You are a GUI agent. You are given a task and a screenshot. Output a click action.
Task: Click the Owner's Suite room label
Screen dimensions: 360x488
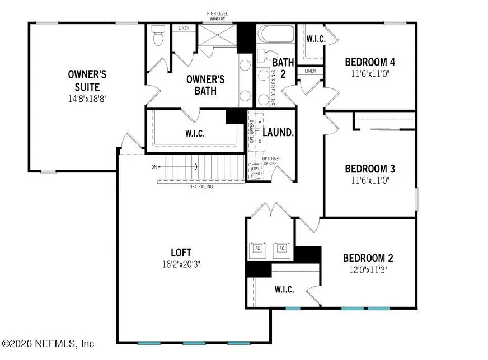click(x=87, y=81)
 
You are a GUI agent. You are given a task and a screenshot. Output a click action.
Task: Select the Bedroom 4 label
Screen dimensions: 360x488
click(x=370, y=62)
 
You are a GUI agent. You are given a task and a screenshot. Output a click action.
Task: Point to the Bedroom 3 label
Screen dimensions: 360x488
click(x=370, y=169)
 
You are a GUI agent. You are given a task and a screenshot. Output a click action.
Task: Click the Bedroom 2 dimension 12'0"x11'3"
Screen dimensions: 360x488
click(x=368, y=269)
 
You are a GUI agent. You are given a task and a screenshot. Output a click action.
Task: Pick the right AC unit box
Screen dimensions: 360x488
click(x=281, y=249)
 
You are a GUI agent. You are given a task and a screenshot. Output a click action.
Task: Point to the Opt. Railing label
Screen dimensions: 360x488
click(x=201, y=186)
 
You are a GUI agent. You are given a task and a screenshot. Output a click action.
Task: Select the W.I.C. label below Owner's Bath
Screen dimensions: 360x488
click(x=195, y=134)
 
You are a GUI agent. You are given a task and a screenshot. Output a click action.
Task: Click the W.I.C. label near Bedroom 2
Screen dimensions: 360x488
click(x=284, y=289)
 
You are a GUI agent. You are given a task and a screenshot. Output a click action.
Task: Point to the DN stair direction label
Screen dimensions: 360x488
click(x=154, y=167)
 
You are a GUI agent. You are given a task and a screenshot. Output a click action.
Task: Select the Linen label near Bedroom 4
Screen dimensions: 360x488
click(x=310, y=71)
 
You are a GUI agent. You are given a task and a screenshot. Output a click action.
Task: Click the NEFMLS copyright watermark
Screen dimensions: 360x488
click(x=48, y=343)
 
